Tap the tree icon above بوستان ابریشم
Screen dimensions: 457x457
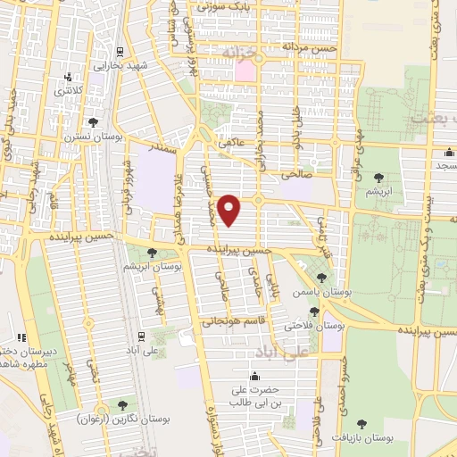coord(152,253)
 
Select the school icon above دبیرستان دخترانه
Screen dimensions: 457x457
coord(12,338)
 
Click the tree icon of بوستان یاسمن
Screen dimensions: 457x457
coord(321,279)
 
